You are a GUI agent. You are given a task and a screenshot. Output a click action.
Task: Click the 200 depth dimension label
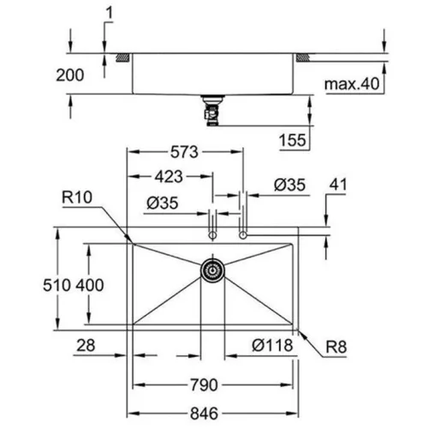click(x=70, y=75)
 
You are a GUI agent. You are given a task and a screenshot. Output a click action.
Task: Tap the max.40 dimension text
click(x=352, y=84)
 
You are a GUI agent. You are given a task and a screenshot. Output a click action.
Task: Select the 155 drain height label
click(x=293, y=140)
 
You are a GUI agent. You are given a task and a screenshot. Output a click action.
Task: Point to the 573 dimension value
click(x=184, y=152)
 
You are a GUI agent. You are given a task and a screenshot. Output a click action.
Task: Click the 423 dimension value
click(x=169, y=176)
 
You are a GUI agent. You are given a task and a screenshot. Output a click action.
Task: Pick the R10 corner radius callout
click(x=77, y=197)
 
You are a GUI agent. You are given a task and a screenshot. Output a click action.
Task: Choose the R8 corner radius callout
click(x=336, y=347)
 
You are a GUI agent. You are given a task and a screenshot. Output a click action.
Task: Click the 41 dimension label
click(x=338, y=185)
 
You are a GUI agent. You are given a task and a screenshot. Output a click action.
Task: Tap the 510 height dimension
click(x=56, y=285)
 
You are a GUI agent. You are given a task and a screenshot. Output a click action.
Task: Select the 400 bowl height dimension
click(x=90, y=285)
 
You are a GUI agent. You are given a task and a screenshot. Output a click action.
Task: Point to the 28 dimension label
click(x=86, y=345)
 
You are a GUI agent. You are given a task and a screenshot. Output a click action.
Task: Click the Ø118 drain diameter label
click(x=272, y=345)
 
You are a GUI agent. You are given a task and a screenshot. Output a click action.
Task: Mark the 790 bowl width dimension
click(x=204, y=385)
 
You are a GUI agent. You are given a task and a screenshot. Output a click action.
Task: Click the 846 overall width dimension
click(x=204, y=413)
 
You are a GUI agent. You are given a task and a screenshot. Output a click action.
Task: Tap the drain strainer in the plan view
click(x=212, y=270)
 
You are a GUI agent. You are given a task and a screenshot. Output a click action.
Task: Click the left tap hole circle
click(x=212, y=235)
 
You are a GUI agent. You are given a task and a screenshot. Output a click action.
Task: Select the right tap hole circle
click(x=243, y=235)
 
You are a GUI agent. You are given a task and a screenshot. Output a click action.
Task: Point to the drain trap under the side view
click(x=211, y=110)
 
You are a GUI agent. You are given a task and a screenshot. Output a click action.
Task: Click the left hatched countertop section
click(x=123, y=57)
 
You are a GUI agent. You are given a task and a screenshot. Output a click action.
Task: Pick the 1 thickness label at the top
click(x=110, y=13)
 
